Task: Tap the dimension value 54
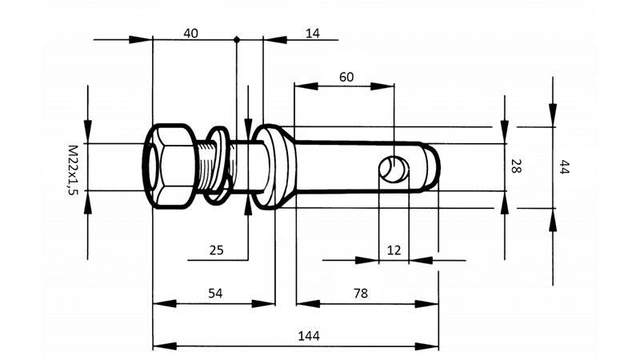click(x=214, y=293)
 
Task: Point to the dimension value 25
click(x=216, y=250)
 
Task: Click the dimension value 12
click(x=393, y=250)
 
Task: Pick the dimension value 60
click(x=346, y=77)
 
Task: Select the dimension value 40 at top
click(x=191, y=33)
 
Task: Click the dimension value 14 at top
click(x=312, y=33)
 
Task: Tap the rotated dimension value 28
click(x=516, y=166)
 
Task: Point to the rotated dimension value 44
click(x=564, y=166)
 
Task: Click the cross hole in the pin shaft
click(x=394, y=169)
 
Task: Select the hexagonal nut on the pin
click(x=170, y=167)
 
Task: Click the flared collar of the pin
click(x=274, y=166)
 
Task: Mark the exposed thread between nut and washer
click(x=206, y=164)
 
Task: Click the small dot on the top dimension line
click(x=236, y=38)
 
